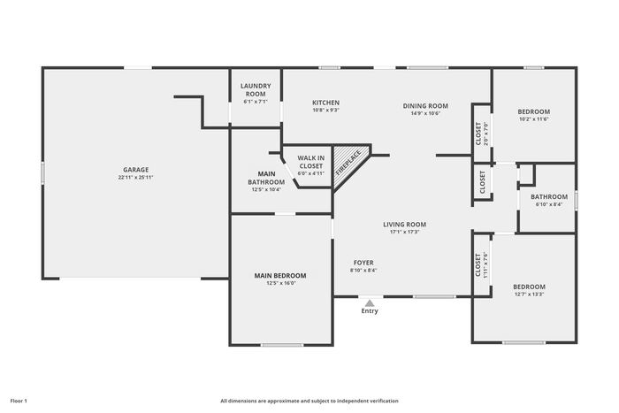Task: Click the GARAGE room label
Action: tap(136, 170)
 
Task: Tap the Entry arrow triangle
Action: tap(370, 303)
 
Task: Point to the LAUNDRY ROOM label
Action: tap(256, 90)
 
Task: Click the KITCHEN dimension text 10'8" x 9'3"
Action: tap(326, 111)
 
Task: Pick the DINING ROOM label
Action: tap(425, 106)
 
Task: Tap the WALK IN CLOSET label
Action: tap(311, 162)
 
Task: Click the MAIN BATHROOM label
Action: tap(266, 178)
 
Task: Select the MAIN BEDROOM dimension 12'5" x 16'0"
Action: tap(280, 283)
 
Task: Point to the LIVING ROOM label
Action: tap(405, 225)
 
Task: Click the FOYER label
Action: tap(363, 263)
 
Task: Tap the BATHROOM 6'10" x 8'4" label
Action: tap(549, 196)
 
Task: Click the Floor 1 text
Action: tap(19, 402)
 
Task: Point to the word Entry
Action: tap(370, 311)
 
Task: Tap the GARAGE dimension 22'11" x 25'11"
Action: tap(136, 178)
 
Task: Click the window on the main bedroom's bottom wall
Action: tap(282, 345)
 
